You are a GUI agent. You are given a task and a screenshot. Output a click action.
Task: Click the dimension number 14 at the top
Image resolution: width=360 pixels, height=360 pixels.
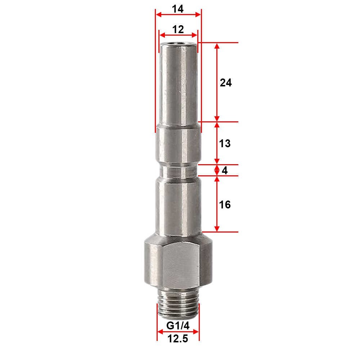[x=178, y=9]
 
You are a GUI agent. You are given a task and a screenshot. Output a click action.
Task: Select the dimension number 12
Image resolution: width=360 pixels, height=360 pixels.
[x=178, y=30]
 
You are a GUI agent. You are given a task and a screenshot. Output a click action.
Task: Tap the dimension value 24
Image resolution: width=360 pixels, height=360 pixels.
[x=226, y=83]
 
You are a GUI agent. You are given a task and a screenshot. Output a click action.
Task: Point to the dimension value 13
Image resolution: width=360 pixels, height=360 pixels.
[x=225, y=144]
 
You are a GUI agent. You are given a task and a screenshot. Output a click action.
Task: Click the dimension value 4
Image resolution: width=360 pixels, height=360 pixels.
[x=225, y=170]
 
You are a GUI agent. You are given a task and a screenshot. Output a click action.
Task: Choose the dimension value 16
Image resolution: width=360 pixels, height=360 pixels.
[x=225, y=204]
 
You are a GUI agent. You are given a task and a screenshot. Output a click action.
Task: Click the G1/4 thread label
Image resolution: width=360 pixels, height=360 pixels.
[x=178, y=325]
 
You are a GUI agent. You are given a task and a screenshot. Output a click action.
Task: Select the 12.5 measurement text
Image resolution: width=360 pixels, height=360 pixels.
[x=178, y=339]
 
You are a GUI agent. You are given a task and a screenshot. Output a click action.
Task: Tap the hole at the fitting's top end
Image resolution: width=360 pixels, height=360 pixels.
[x=179, y=43]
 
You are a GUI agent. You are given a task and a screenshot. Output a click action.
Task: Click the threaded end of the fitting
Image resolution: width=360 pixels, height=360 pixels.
[x=178, y=303]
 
